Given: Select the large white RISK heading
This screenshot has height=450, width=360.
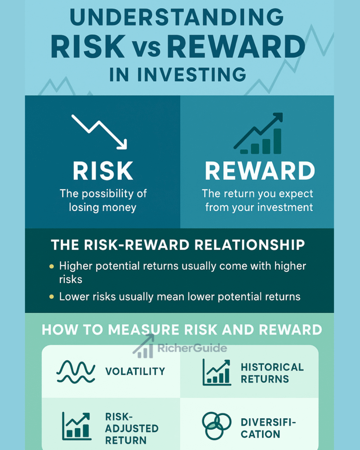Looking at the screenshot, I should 103,171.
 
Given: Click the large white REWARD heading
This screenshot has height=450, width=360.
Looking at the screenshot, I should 260,171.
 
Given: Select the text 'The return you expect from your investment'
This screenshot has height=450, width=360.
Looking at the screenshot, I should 259,200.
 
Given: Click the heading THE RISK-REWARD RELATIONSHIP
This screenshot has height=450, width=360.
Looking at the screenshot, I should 178,245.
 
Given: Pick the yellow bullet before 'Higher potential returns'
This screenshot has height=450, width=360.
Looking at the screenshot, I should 52,266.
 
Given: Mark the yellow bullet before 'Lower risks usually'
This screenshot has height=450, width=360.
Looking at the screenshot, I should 52,297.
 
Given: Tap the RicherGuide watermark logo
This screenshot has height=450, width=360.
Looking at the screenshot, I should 180,348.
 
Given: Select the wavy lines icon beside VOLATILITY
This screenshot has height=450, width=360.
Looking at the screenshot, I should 76,372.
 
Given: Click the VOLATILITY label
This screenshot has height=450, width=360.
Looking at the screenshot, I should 135,372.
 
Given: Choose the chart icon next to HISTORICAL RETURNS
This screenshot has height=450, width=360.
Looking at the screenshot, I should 216,372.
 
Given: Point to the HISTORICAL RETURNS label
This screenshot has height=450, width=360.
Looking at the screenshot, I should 272,373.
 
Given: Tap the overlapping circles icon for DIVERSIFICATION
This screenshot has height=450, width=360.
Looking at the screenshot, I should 216,426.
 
